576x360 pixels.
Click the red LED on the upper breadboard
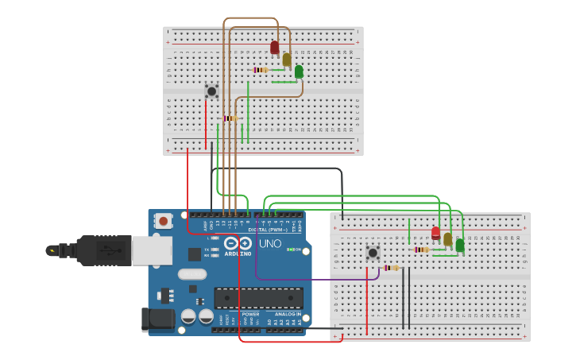pos(275,47)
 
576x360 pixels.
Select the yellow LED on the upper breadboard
pos(287,60)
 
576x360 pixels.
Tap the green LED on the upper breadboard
pos(299,72)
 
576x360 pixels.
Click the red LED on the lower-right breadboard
pos(435,233)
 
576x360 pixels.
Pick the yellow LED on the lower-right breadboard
pos(447,239)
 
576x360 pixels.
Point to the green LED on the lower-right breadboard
pos(460,245)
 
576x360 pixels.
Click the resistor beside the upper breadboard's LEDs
pos(261,70)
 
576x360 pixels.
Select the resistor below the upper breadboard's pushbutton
pos(230,118)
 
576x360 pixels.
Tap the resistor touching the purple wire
pos(391,268)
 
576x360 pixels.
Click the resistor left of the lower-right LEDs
pos(421,250)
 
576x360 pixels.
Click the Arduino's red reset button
pos(163,221)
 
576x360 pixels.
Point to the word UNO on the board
pos(270,243)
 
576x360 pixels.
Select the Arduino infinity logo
pos(238,243)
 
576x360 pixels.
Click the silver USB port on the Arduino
pos(151,250)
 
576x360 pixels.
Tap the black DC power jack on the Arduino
pos(157,319)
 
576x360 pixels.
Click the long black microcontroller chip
pos(258,298)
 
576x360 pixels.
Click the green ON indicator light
pos(291,250)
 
